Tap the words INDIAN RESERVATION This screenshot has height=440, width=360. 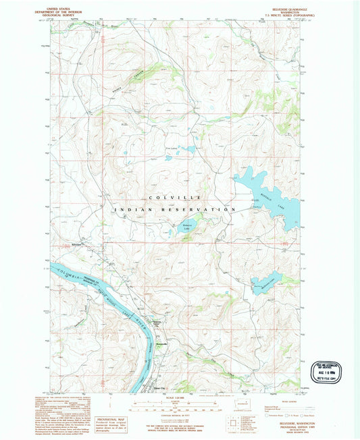pos(174,210)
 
